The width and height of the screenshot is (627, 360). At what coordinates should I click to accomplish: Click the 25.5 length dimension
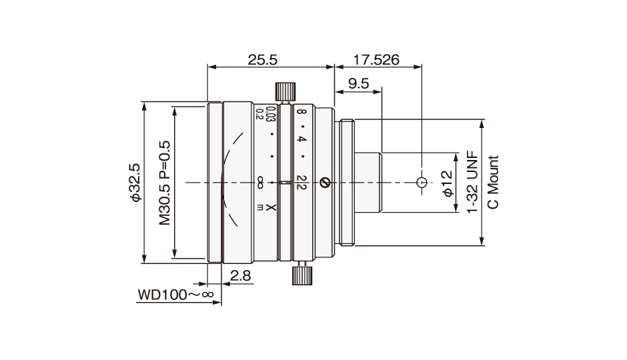(262, 60)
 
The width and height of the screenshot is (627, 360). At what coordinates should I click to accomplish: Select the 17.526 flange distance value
(376, 60)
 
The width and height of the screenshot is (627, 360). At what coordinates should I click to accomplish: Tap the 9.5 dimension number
(358, 84)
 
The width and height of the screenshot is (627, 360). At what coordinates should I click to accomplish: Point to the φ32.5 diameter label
(135, 183)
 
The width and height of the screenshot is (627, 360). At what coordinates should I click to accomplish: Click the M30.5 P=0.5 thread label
(165, 183)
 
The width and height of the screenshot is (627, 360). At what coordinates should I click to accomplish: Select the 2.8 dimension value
(241, 276)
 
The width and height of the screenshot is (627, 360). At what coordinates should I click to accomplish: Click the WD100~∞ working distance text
(176, 295)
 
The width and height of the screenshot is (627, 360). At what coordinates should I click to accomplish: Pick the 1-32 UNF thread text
(473, 182)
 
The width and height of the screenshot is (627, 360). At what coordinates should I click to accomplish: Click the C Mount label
(494, 182)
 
